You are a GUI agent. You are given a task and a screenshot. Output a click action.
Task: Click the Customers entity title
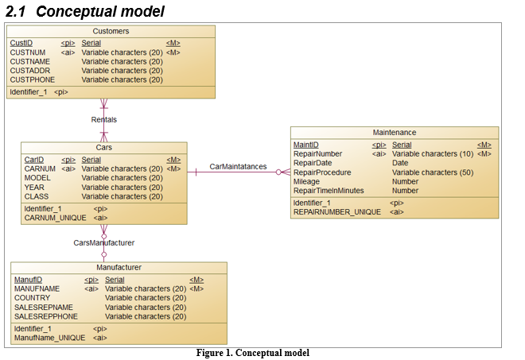click(x=111, y=31)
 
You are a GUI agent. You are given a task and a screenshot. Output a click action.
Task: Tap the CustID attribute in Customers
click(x=21, y=42)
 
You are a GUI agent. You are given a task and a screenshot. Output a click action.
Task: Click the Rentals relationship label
click(x=103, y=119)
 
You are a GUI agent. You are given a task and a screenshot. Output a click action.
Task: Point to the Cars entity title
click(x=103, y=148)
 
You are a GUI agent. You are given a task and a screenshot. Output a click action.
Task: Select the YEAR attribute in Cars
click(x=33, y=188)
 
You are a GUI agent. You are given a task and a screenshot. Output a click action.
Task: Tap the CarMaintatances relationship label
click(x=238, y=167)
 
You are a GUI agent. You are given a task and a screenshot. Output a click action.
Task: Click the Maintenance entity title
click(x=394, y=133)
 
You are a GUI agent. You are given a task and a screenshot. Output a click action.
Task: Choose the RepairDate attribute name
click(x=313, y=163)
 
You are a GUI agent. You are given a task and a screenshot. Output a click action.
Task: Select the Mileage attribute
click(x=307, y=181)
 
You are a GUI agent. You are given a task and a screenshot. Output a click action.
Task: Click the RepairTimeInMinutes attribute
click(x=328, y=191)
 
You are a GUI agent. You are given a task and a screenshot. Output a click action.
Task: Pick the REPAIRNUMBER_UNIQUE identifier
click(x=336, y=212)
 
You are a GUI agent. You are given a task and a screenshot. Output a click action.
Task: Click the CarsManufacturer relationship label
click(x=103, y=242)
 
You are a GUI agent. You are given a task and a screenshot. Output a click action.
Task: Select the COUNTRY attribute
click(x=32, y=298)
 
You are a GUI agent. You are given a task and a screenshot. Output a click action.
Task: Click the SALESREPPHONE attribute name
click(x=46, y=316)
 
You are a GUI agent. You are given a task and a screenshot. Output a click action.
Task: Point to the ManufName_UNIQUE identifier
click(x=49, y=338)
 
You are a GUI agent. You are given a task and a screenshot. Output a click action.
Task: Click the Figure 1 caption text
click(x=252, y=353)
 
